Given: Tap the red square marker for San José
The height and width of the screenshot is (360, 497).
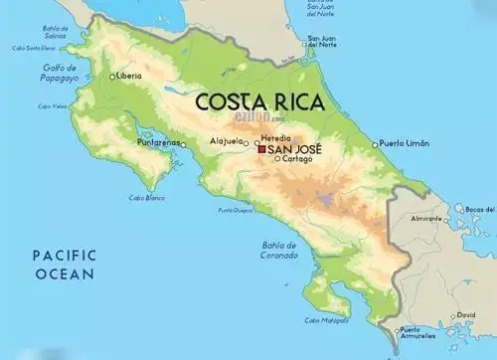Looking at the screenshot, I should pos(261,149).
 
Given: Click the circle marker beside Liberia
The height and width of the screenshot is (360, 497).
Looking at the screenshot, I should pos(112,76).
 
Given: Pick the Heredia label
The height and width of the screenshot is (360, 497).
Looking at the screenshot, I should pos(275,136).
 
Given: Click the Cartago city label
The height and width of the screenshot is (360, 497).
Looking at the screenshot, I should pos(295,159).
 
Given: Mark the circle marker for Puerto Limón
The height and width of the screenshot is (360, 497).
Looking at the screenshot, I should pos(375,144).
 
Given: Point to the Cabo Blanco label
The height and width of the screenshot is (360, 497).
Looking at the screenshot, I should pos(146,197).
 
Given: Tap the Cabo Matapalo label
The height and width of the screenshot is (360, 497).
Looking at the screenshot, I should pos(325,320).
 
